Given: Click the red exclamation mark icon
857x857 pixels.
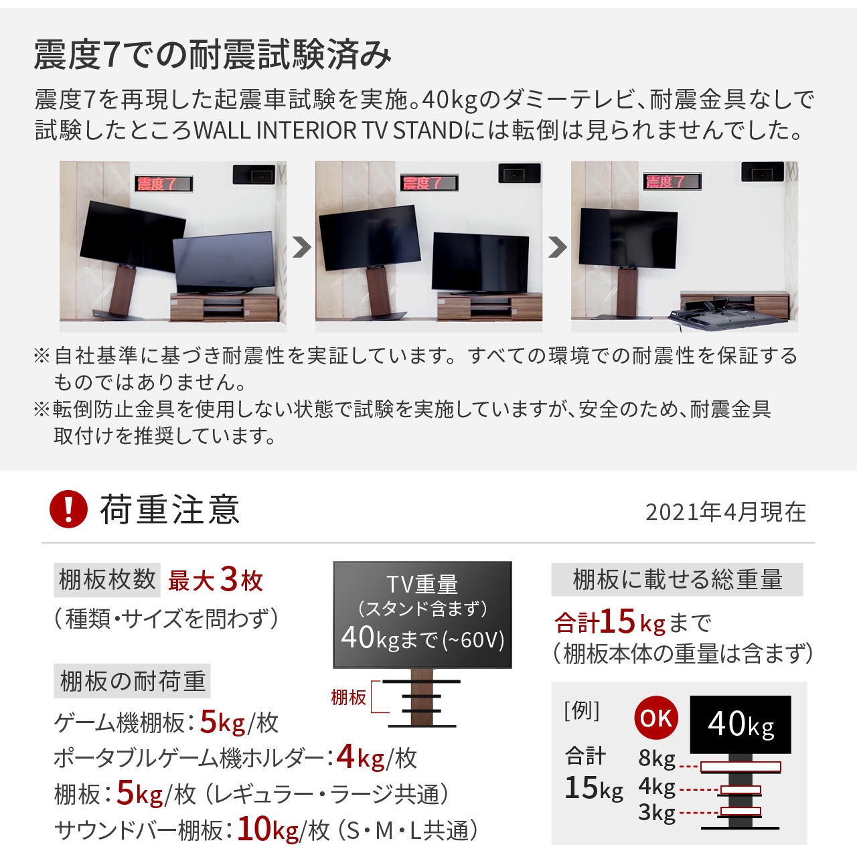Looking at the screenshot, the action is pyautogui.click(x=68, y=510).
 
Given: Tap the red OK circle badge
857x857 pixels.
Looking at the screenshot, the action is pyautogui.click(x=656, y=718).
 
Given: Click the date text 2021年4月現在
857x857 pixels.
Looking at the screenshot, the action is pyautogui.click(x=726, y=512).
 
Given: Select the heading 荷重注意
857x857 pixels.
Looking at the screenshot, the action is pyautogui.click(x=170, y=510).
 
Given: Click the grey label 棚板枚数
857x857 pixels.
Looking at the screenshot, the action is pyautogui.click(x=107, y=580).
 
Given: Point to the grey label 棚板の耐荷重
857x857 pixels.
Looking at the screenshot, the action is pyautogui.click(x=132, y=681).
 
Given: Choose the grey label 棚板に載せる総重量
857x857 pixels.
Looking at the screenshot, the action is pyautogui.click(x=678, y=580).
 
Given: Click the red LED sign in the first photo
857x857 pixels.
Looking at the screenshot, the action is pyautogui.click(x=163, y=183).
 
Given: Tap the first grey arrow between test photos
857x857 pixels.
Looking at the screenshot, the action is pyautogui.click(x=301, y=247).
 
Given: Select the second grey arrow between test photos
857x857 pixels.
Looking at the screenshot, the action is pyautogui.click(x=557, y=247).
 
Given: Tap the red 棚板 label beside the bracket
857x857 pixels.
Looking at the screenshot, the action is pyautogui.click(x=349, y=698).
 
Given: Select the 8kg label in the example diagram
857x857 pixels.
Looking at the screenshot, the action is pyautogui.click(x=657, y=758).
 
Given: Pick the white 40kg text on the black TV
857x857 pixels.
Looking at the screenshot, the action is pyautogui.click(x=741, y=724).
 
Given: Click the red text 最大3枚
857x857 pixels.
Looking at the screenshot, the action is pyautogui.click(x=216, y=580).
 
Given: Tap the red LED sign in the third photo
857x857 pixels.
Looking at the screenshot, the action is pyautogui.click(x=672, y=181).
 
